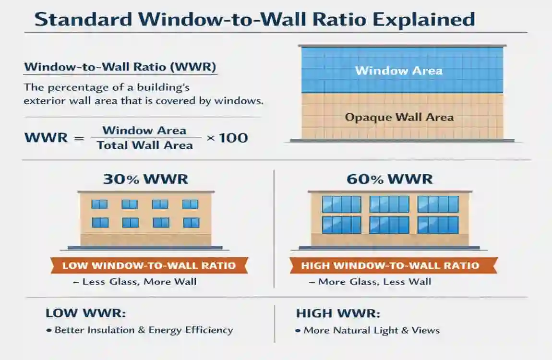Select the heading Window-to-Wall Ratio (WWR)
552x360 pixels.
[x=120, y=67]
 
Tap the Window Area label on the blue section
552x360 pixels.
[x=398, y=71]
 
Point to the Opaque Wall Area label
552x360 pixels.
[x=399, y=117]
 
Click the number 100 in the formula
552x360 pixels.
[x=234, y=138]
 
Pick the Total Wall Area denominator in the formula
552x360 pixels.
[x=145, y=145]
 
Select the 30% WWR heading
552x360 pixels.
[x=145, y=180]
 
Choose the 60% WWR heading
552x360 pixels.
[x=389, y=180]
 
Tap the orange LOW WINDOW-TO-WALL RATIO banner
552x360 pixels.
[x=149, y=265]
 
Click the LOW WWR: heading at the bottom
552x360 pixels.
[x=85, y=313]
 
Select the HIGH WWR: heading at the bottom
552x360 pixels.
[x=338, y=313]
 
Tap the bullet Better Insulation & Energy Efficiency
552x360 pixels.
[x=144, y=330]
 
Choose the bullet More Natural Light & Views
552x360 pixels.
[x=371, y=330]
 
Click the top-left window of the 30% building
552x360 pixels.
[x=99, y=204]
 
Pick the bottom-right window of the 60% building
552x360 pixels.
[x=438, y=225]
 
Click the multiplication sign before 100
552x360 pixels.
[x=210, y=138]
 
